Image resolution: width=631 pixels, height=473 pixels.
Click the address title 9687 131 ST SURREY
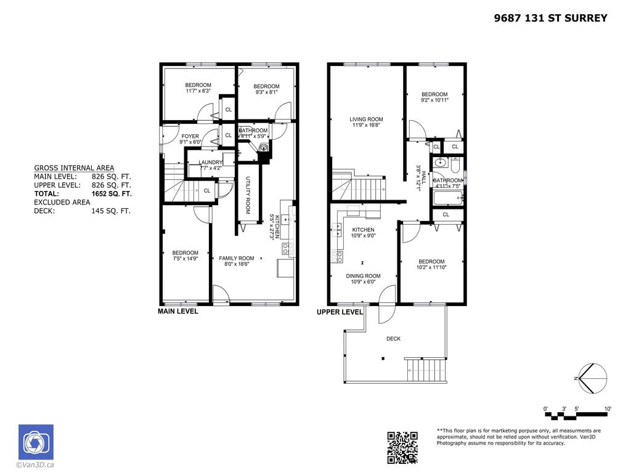click(550, 18)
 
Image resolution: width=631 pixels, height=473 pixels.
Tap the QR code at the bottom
click(402, 448)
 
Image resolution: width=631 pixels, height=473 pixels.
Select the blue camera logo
click(36, 442)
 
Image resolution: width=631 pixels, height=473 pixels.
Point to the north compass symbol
click(592, 378)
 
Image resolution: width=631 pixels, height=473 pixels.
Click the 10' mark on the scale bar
click(607, 409)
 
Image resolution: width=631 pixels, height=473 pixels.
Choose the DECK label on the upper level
click(393, 338)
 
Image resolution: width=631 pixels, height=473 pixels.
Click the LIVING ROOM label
click(366, 119)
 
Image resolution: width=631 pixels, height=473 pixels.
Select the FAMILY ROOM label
click(237, 258)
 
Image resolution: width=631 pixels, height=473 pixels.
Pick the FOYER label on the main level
click(190, 136)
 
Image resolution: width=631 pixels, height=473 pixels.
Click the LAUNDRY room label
click(210, 162)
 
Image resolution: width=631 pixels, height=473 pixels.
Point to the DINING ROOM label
click(365, 276)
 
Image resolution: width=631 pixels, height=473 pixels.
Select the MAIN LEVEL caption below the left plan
click(178, 312)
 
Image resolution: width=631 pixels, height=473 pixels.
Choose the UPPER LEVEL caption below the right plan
click(340, 312)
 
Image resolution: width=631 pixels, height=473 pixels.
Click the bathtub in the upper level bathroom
click(447, 198)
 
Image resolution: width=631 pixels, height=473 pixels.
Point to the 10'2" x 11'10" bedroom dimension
click(431, 267)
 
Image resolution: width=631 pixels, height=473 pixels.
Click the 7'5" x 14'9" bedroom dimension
click(185, 259)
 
